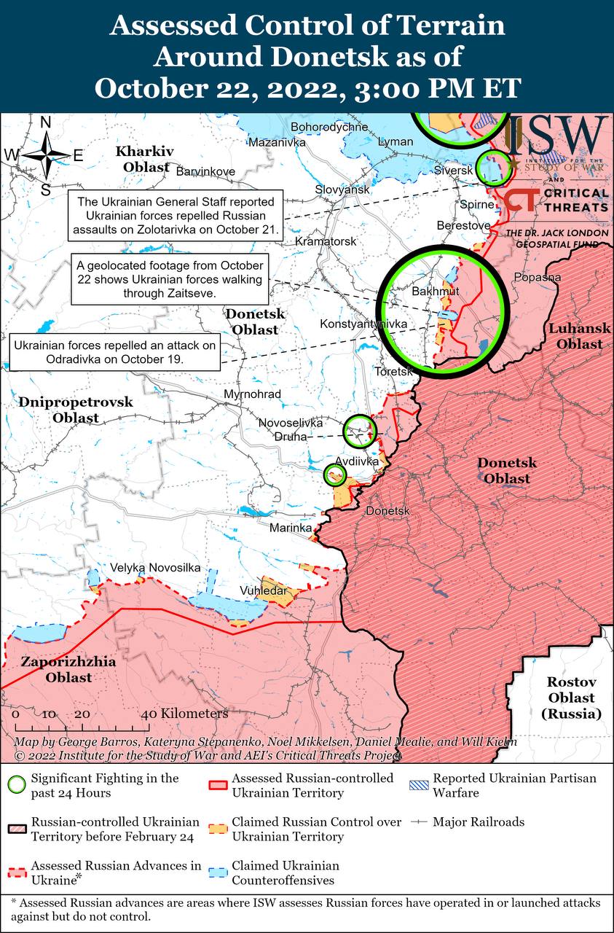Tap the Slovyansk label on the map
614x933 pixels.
pos(342,190)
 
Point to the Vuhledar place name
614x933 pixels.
pos(263,590)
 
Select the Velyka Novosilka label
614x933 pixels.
pos(155,568)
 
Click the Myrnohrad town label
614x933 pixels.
pos(253,394)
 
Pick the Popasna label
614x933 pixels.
pos(538,277)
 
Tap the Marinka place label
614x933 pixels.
pos(291,528)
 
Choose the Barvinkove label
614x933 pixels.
pos(206,172)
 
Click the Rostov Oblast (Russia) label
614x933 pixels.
pos(572,698)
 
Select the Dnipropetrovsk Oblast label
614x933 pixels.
pos(76,410)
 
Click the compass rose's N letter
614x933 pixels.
pos(45,122)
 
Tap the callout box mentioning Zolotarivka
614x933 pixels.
pos(176,216)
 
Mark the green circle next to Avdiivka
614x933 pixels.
pos(335,475)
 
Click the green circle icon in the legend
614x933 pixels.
pos(16,785)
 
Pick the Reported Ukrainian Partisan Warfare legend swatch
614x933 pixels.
pos(418,785)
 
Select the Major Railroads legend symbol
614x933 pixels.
pos(418,821)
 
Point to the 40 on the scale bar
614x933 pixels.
pos(149,714)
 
